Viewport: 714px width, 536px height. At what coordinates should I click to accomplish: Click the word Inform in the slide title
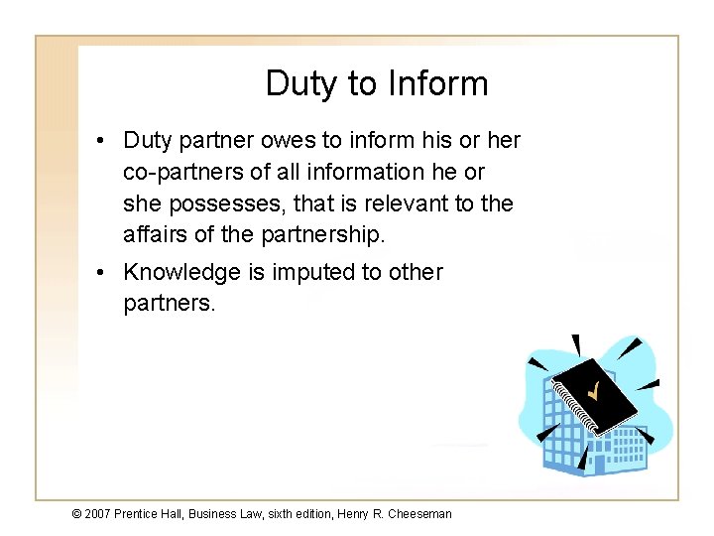439,84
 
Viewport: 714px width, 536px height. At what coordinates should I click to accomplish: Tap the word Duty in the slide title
302,84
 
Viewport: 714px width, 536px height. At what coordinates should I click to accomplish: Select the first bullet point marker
103,142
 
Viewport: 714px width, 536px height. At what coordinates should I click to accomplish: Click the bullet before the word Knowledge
103,273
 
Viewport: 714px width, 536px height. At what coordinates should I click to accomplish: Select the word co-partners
182,173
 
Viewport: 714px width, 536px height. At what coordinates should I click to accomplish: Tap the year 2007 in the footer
97,514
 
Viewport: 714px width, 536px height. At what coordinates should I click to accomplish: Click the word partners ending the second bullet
169,303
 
